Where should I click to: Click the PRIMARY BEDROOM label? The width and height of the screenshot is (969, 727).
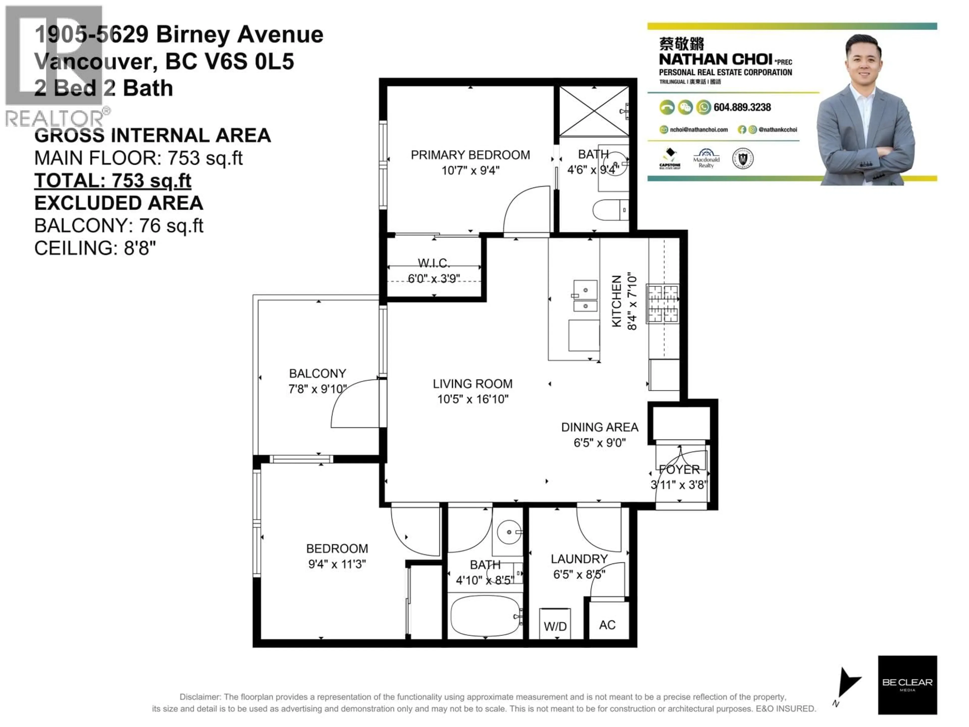click(470, 155)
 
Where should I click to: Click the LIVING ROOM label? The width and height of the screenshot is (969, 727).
click(472, 384)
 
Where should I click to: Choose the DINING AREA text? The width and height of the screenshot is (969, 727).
click(599, 427)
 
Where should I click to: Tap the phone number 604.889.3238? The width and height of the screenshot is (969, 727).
click(742, 107)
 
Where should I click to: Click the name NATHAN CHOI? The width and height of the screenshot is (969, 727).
click(715, 59)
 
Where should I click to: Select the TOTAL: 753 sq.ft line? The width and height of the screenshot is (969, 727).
click(113, 180)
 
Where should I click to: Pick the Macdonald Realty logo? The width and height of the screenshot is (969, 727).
click(706, 159)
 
